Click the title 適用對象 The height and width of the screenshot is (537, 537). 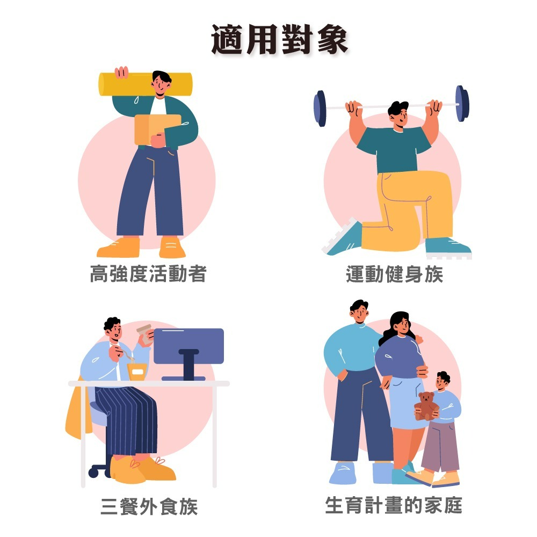(279, 40)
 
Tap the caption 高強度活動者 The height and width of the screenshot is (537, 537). (148, 274)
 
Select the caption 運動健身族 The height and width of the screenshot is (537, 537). (395, 274)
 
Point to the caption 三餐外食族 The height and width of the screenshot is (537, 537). (149, 506)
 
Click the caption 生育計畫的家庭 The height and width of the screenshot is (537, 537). (393, 505)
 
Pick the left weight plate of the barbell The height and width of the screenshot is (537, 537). (321, 108)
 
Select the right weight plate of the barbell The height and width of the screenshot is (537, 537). (462, 103)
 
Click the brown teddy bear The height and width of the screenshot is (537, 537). (426, 405)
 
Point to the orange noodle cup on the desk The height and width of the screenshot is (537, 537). (137, 371)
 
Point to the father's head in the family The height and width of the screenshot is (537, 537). (359, 311)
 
